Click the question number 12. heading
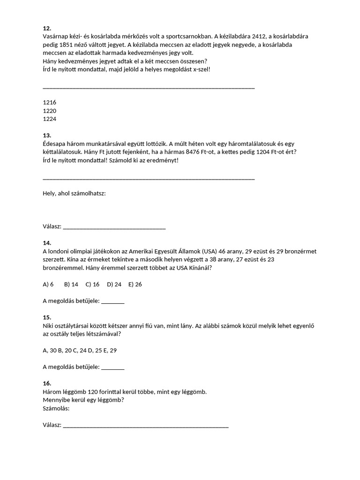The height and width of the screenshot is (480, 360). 46,28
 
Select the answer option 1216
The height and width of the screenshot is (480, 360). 49,102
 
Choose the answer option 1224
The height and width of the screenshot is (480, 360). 49,119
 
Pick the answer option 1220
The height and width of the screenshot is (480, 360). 49,111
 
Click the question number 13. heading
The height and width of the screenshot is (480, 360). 46,135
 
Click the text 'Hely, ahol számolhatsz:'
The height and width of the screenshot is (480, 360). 74,193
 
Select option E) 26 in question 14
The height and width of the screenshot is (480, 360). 135,284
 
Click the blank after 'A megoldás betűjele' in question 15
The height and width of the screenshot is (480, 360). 113,367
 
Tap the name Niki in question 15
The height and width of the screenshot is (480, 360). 48,326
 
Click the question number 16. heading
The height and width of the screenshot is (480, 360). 46,383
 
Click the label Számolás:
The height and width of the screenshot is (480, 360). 56,408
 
